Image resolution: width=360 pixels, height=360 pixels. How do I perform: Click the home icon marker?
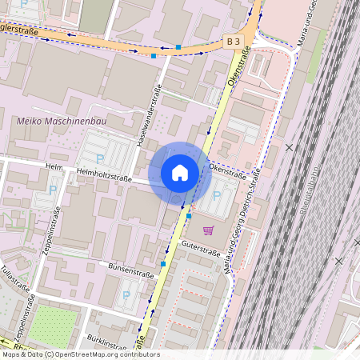[x=180, y=173]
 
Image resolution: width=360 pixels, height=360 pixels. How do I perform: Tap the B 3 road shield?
[x=233, y=40]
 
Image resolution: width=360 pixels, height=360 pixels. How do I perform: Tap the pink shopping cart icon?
[x=208, y=231]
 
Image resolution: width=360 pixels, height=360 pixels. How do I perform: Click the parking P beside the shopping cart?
[x=216, y=195]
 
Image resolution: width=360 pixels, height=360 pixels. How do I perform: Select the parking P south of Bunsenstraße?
[x=126, y=295]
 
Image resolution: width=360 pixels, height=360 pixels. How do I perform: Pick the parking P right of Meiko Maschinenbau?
[x=99, y=158]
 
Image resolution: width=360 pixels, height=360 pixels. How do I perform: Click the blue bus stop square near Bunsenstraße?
[x=163, y=263]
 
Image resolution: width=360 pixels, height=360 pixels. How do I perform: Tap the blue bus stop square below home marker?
[x=189, y=216]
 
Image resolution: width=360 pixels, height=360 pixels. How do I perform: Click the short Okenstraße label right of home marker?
[x=227, y=170]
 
